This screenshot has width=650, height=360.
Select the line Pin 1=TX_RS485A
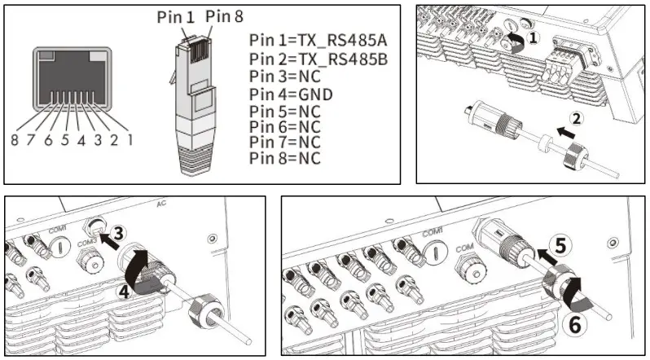314,42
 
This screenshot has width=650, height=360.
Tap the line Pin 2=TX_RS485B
314,59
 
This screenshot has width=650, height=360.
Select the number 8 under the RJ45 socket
15,139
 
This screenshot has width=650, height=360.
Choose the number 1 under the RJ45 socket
130,139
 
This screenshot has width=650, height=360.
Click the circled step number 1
532,37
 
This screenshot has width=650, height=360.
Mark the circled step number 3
118,234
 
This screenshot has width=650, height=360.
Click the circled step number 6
574,324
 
